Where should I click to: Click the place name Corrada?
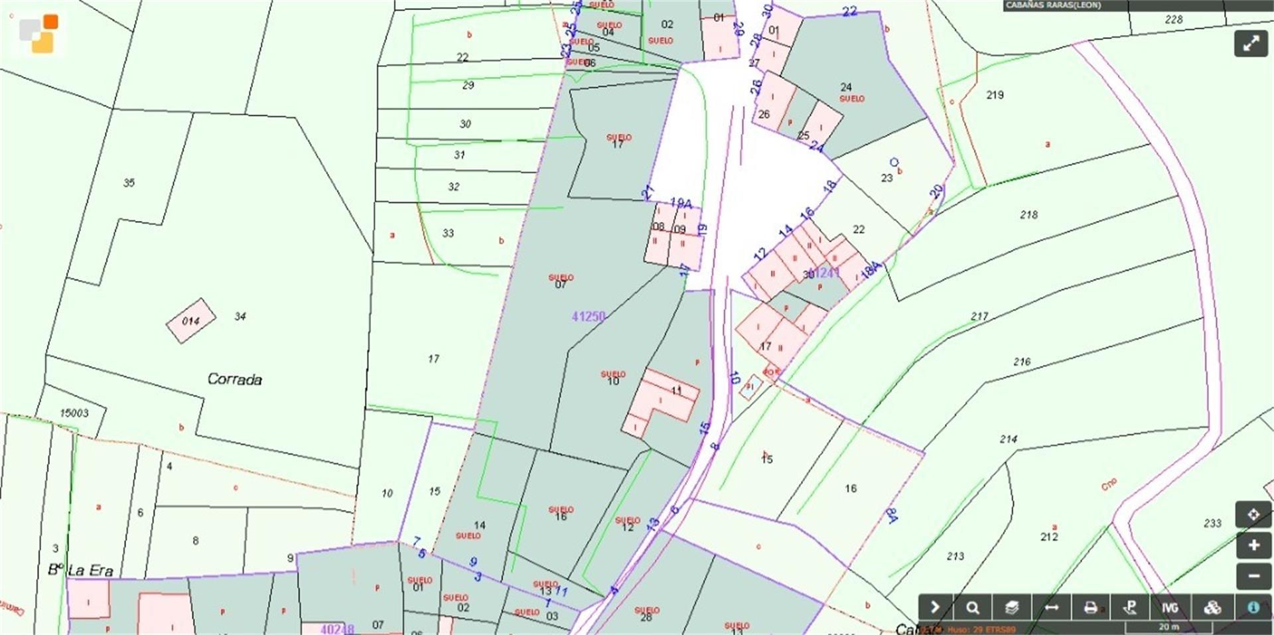click(234, 380)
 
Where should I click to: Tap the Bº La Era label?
click(80, 571)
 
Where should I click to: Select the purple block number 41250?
click(589, 317)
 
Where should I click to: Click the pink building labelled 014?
click(191, 320)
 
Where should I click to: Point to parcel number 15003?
click(74, 413)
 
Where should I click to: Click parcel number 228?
click(1173, 19)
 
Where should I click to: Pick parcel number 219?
click(995, 95)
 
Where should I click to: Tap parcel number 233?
click(1212, 523)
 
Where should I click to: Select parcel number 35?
click(129, 182)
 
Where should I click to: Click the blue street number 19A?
click(681, 203)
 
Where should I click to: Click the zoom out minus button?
click(1253, 576)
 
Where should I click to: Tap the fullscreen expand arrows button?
click(1251, 44)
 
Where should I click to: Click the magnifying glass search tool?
click(973, 608)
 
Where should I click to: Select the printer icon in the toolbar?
click(1090, 608)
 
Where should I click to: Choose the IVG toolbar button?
click(1169, 608)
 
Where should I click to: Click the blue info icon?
click(1253, 608)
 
